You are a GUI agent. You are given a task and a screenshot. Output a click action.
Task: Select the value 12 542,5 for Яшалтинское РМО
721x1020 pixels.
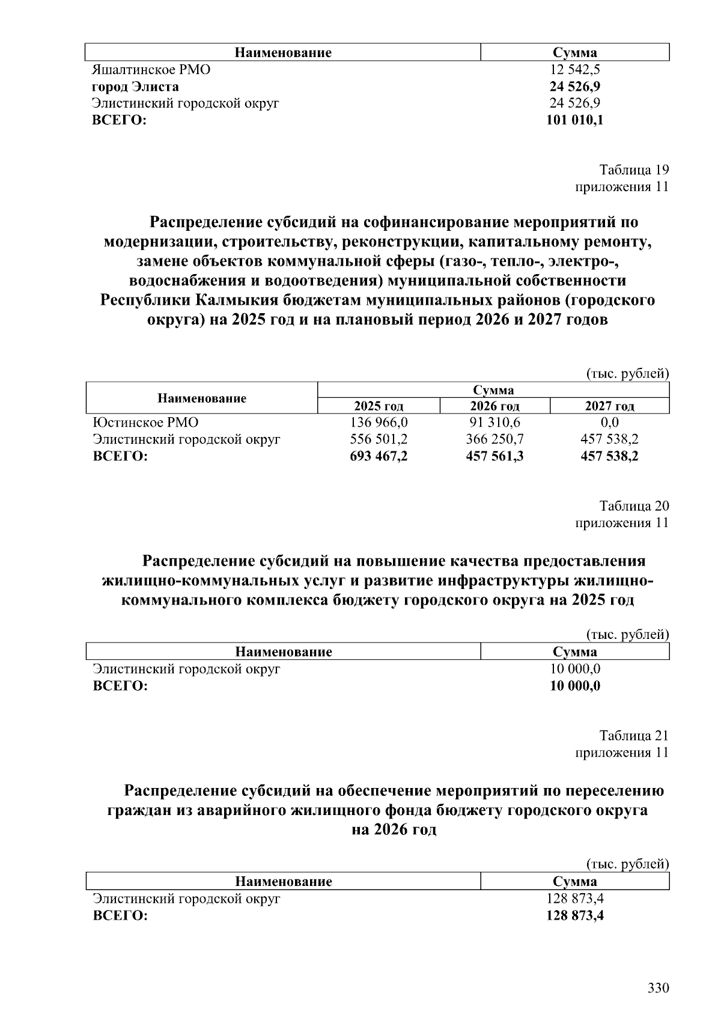(575, 69)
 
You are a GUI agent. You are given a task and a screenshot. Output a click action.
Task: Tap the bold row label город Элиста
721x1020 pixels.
(135, 86)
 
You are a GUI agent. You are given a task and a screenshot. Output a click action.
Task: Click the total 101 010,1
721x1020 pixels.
(575, 120)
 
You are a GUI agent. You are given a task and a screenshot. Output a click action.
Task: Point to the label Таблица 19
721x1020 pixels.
(634, 169)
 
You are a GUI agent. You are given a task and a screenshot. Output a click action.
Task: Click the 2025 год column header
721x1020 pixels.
(379, 406)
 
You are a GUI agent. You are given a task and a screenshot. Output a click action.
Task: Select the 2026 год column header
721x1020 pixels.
(494, 406)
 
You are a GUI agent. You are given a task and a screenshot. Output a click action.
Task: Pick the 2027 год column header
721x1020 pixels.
(609, 406)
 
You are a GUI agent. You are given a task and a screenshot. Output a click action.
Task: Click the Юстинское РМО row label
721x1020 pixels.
(145, 423)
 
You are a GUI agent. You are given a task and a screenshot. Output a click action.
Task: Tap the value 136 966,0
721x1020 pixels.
(379, 423)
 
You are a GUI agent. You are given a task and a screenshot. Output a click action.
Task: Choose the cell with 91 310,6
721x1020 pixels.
(494, 423)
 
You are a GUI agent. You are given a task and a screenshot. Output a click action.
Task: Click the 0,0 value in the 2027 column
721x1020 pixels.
(609, 423)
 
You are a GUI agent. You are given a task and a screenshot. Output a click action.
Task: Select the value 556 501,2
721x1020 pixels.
(379, 439)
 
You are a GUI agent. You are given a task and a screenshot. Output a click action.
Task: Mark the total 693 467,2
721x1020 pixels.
(379, 456)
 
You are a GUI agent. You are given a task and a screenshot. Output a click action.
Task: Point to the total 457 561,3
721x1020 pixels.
(494, 456)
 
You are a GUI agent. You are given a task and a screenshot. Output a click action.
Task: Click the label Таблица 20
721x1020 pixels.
(634, 505)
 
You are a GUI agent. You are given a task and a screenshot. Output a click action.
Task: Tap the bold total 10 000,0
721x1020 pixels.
(575, 686)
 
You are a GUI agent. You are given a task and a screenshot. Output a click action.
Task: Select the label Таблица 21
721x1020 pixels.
(634, 736)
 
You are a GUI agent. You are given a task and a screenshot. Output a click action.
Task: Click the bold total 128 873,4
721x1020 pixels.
(575, 916)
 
